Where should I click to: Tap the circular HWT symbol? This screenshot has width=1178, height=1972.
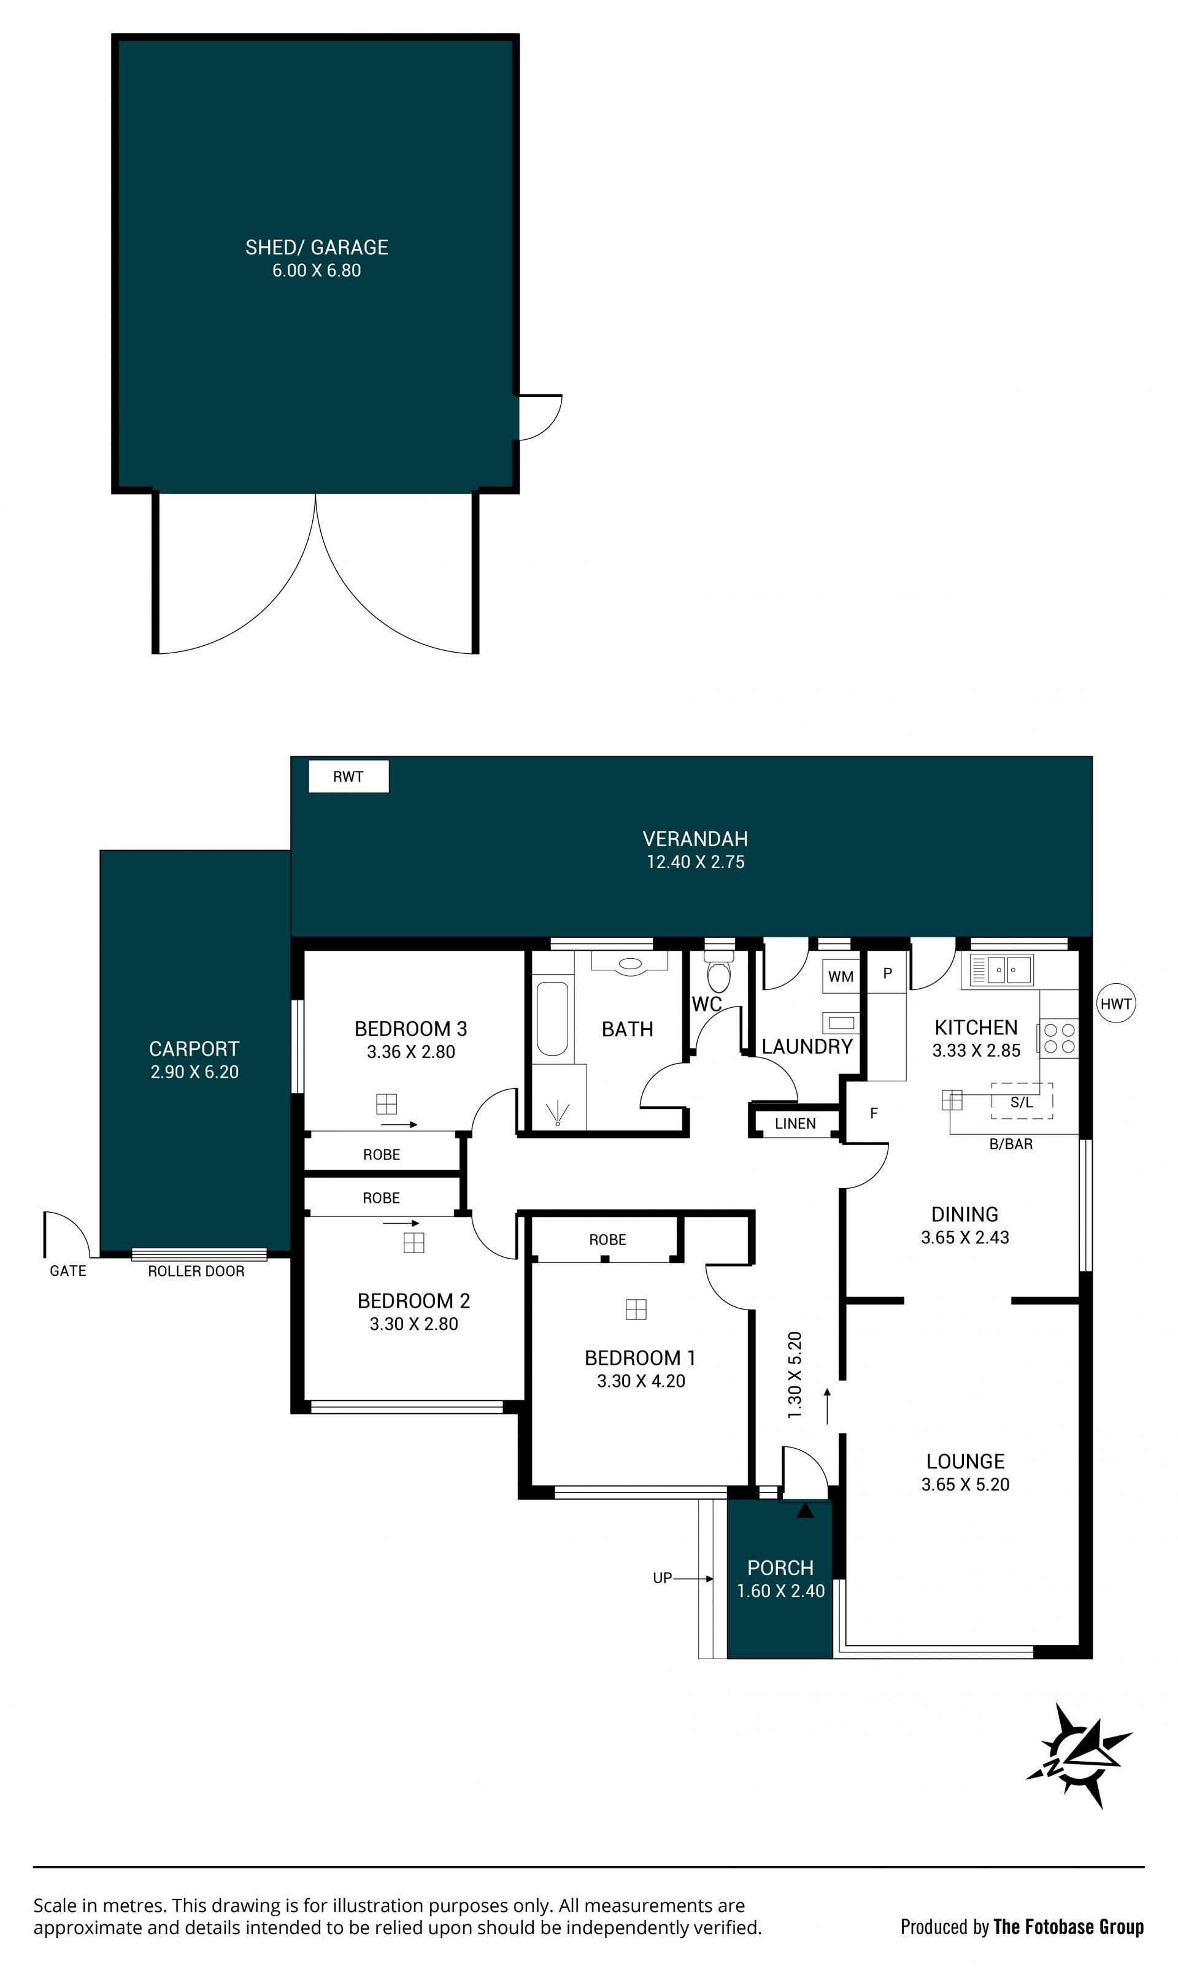(1115, 1004)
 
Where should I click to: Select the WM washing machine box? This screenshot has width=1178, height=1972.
(841, 976)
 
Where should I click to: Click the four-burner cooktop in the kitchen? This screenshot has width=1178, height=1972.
(1059, 1037)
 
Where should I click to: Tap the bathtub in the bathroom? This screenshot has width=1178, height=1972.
(552, 1019)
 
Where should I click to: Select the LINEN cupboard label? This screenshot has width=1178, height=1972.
(795, 1124)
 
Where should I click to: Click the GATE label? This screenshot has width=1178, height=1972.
(67, 1270)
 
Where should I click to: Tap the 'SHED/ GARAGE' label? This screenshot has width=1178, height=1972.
(317, 248)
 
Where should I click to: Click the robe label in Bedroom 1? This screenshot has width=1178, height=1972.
(607, 1240)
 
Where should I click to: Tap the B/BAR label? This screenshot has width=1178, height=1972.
(1011, 1143)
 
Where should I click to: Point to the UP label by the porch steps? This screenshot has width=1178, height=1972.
(662, 1578)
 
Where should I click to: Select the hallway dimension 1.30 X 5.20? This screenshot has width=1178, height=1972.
(795, 1375)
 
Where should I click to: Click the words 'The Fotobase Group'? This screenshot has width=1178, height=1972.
(1068, 1926)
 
